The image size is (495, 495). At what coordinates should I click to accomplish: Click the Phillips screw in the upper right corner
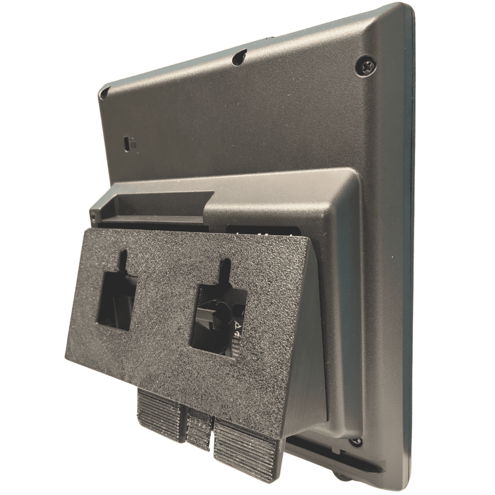pyautogui.click(x=366, y=65)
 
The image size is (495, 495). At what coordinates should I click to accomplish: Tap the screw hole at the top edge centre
pyautogui.click(x=239, y=57)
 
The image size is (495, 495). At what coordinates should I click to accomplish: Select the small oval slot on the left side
pyautogui.click(x=128, y=143)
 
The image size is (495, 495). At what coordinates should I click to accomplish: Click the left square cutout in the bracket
pyautogui.click(x=116, y=301)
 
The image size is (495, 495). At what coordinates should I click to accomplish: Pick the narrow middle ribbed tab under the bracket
pyautogui.click(x=199, y=428)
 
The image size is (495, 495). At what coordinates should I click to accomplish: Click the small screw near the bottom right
pyautogui.click(x=356, y=441)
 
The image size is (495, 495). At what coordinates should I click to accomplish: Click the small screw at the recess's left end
pyautogui.click(x=92, y=214)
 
